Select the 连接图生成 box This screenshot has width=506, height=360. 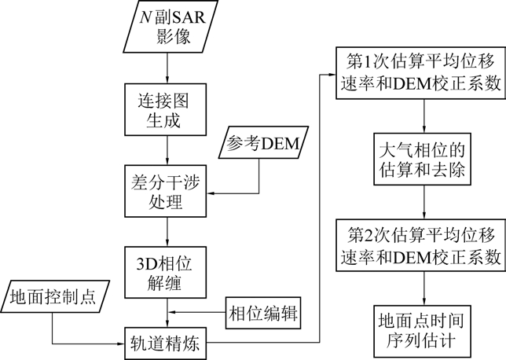point(166,113)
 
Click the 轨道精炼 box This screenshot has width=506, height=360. point(166,343)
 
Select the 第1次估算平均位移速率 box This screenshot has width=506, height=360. point(425,74)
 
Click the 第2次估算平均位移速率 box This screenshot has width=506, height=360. point(425,245)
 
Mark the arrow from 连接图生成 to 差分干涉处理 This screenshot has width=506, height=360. point(166,152)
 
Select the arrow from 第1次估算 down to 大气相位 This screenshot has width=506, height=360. point(425,118)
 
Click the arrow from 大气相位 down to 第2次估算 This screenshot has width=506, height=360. point(425,204)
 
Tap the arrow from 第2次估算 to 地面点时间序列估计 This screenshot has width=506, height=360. point(425,288)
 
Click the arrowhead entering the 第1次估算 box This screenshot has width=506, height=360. point(332,75)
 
